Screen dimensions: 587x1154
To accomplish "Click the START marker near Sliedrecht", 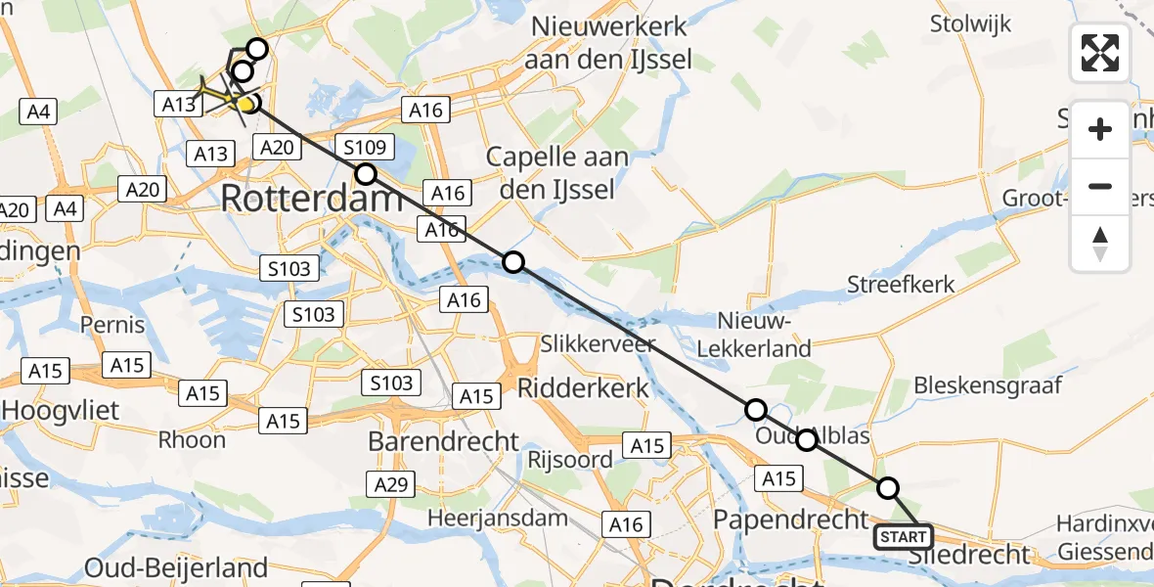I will coord(904,537).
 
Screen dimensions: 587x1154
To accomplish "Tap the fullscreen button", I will coord(1100,53).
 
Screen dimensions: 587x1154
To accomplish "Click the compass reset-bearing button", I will coord(1100,244).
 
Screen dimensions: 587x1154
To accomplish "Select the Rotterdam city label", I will coord(311,199).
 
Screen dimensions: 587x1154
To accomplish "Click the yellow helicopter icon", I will coord(223,95).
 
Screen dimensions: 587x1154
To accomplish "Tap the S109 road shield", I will coord(364,149).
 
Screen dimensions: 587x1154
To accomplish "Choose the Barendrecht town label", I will coord(443,441).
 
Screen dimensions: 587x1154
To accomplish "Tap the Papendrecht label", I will coord(791,518).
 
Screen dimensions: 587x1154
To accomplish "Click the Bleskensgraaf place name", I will coord(988,385).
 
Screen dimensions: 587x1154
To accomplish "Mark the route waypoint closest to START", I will coord(887,487).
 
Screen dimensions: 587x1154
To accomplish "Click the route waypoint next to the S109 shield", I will coord(365,174).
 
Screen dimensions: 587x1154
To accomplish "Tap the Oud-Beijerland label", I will coord(176,567).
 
